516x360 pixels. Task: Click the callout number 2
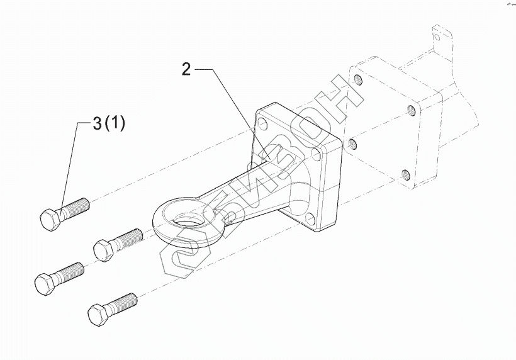pyautogui.click(x=186, y=70)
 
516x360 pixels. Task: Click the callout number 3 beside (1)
pyautogui.click(x=98, y=124)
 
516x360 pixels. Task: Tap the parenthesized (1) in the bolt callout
pyautogui.click(x=115, y=124)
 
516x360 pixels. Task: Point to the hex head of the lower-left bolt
pyautogui.click(x=45, y=284)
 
